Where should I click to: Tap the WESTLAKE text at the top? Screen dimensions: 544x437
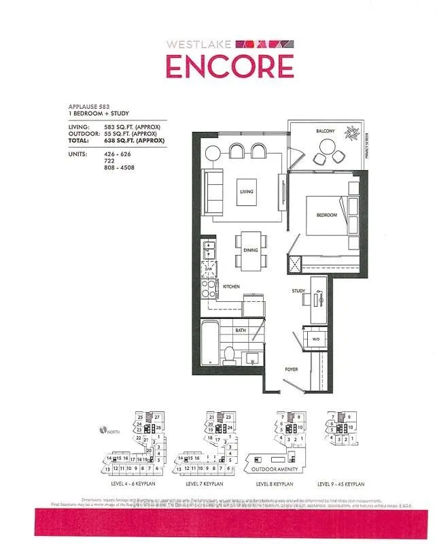point(200,44)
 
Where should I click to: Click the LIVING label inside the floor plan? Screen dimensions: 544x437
point(245,192)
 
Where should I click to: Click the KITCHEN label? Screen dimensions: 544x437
point(231,287)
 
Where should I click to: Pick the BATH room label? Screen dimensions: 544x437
point(240,331)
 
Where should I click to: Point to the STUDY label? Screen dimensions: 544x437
point(298,291)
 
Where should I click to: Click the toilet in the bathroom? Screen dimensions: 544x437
point(229,354)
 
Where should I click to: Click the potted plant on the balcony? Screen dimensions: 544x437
point(352,133)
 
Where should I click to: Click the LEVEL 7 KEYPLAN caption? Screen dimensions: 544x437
point(203,483)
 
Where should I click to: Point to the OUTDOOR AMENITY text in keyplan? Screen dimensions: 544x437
point(275,468)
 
